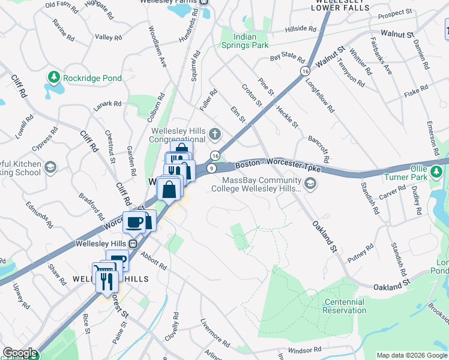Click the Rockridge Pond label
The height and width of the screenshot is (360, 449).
[x=94, y=78]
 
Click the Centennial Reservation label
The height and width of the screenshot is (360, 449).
[x=344, y=306]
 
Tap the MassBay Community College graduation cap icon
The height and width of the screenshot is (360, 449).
[x=310, y=184]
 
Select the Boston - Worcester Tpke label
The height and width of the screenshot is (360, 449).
[x=277, y=166]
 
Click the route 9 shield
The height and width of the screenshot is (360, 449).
[x=212, y=169]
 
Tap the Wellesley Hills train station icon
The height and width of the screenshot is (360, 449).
[x=137, y=244]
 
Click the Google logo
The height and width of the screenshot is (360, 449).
[x=20, y=353]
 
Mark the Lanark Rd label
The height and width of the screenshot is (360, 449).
[x=107, y=106]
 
